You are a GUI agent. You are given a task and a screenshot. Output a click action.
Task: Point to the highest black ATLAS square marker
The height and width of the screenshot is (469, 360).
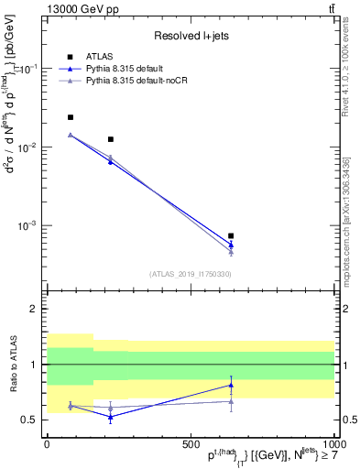71,117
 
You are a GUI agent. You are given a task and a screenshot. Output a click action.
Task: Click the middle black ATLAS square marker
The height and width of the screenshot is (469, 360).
111,139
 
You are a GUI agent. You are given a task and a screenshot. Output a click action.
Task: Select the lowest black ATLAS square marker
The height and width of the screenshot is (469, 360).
231,235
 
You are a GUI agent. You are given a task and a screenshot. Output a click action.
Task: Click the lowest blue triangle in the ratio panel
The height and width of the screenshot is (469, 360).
111,417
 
